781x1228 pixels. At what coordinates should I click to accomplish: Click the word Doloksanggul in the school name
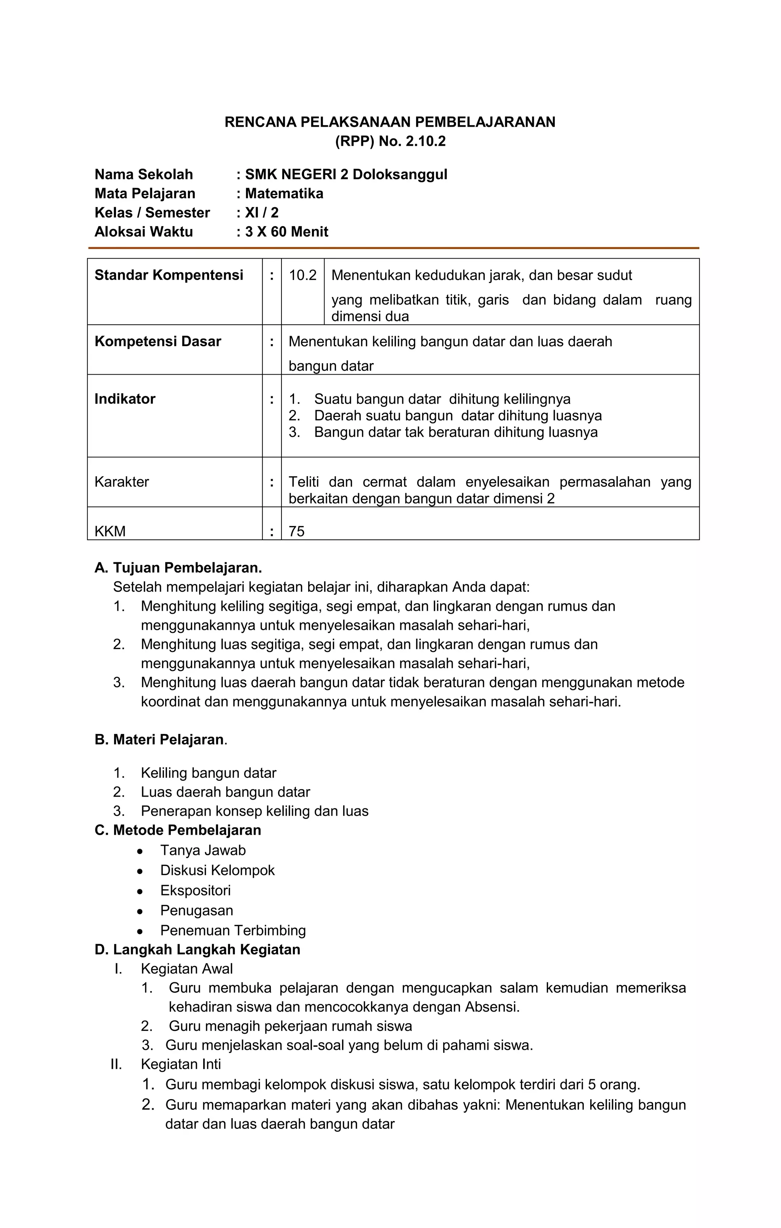(x=400, y=174)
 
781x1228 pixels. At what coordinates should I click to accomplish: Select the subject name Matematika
(x=284, y=194)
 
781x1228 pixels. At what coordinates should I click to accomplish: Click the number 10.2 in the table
(x=302, y=275)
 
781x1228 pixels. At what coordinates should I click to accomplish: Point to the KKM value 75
(x=296, y=531)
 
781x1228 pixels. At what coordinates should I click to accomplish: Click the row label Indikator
(x=125, y=399)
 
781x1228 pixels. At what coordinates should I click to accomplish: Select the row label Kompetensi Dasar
(x=157, y=342)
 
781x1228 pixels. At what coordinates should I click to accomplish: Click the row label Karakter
(x=121, y=482)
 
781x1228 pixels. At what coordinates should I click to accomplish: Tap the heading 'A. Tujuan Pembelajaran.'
(x=178, y=568)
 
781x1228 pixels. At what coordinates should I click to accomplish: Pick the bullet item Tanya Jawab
(x=203, y=850)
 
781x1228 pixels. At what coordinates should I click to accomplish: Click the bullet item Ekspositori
(x=195, y=890)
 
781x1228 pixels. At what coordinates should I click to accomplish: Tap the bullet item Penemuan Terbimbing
(x=233, y=930)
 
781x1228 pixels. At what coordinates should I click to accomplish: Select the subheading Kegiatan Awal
(x=186, y=969)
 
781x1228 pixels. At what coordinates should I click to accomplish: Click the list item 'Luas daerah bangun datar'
(x=225, y=792)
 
